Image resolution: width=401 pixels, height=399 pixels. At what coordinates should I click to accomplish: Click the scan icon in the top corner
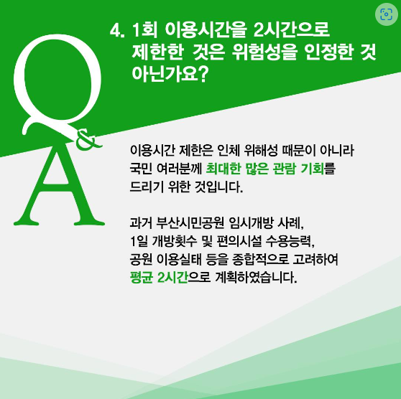(x=384, y=15)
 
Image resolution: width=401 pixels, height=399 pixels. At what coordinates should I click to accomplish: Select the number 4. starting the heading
(x=116, y=32)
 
